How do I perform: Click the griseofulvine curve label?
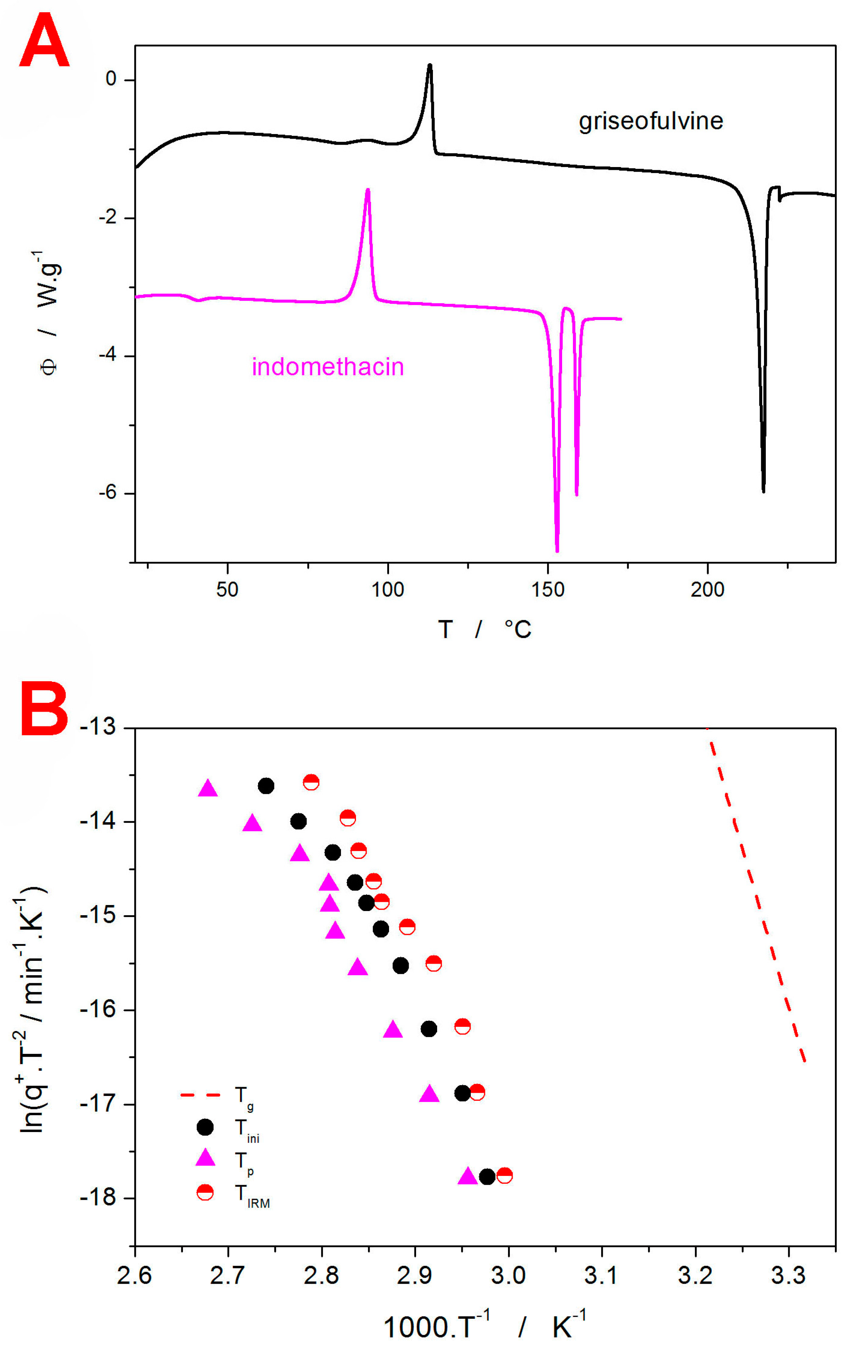click(x=651, y=121)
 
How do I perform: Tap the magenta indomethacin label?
click(x=328, y=367)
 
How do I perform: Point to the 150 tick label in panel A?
click(x=547, y=589)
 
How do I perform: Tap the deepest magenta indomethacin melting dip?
click(x=557, y=550)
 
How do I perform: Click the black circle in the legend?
click(x=205, y=1127)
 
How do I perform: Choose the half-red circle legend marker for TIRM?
click(x=205, y=1192)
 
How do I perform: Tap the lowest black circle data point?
click(x=487, y=1176)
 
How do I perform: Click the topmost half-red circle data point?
click(x=311, y=782)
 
